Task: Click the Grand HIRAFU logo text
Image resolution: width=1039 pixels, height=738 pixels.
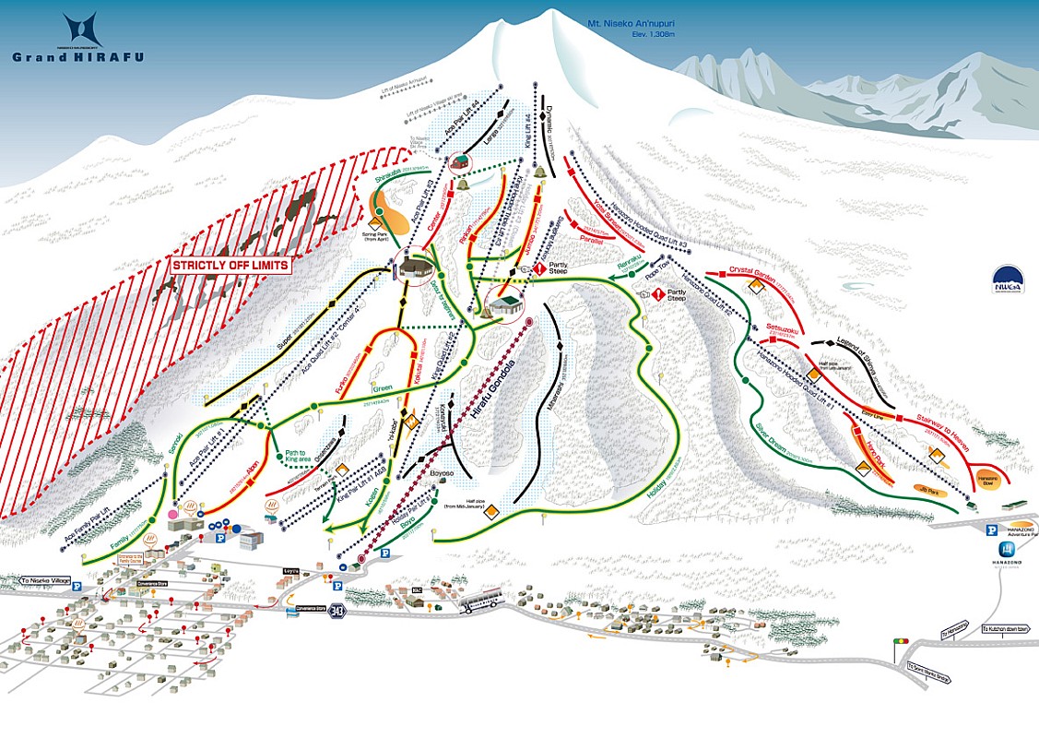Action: click(x=77, y=55)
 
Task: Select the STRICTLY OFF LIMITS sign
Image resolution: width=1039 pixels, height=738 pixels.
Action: click(x=231, y=265)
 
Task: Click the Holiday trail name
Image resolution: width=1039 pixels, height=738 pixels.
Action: click(x=656, y=490)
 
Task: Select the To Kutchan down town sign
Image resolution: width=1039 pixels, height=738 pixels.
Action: click(x=1009, y=628)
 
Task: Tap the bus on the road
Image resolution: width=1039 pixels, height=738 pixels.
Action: click(x=479, y=600)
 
